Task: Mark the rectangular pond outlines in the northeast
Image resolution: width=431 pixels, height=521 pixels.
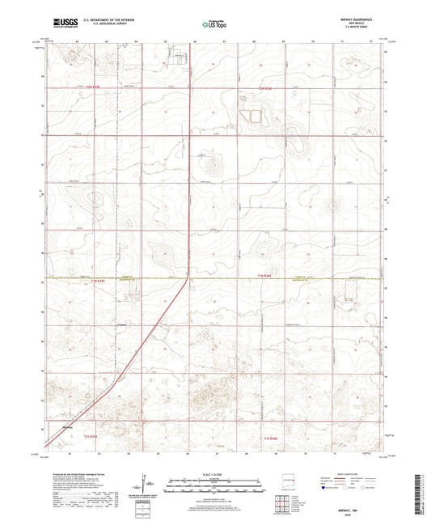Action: pyautogui.click(x=256, y=115)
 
